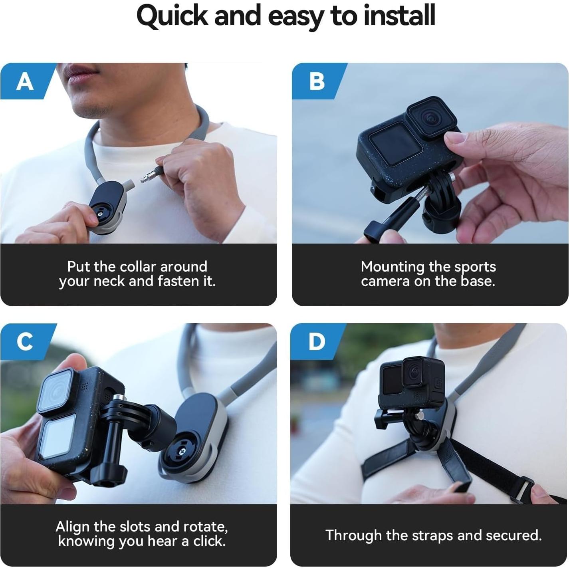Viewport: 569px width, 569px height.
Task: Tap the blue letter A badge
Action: (x=25, y=81)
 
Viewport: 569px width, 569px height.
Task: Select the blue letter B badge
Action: (x=317, y=81)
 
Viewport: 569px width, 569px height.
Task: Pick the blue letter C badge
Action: (x=25, y=342)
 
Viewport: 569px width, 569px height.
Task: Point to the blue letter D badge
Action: (x=317, y=342)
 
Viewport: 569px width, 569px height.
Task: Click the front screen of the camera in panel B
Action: (x=395, y=144)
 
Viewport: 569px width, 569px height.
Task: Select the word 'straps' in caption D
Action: (x=433, y=535)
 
